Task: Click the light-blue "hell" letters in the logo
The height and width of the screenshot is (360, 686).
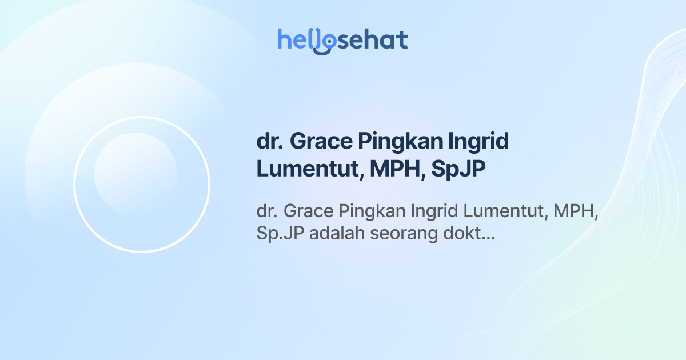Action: click(x=296, y=39)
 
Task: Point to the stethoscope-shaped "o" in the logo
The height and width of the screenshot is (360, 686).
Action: click(x=324, y=42)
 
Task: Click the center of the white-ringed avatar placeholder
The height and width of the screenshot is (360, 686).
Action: click(x=142, y=185)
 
